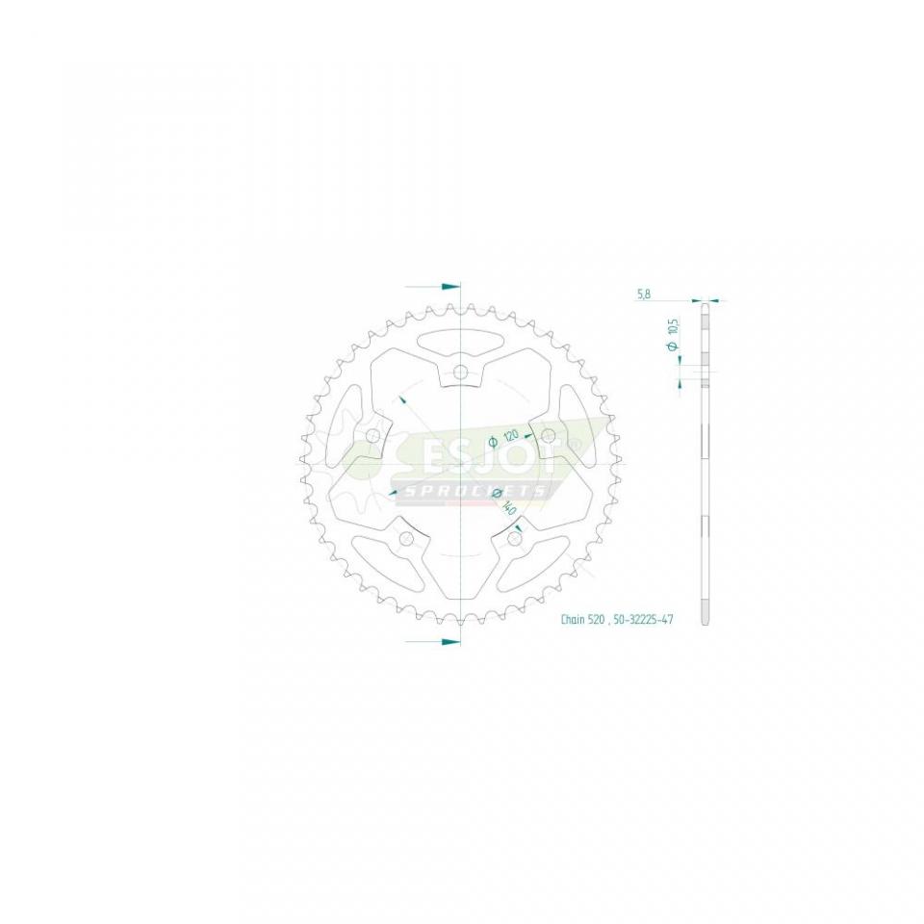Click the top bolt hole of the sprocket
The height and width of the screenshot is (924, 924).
coord(461,372)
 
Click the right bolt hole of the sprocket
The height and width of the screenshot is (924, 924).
coord(548,438)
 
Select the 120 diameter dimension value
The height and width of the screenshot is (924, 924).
coord(510,435)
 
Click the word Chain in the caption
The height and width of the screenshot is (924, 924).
coord(575,621)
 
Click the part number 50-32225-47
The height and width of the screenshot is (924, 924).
coord(642,621)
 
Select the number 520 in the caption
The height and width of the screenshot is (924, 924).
coord(597,621)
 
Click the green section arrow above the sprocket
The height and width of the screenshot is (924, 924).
coord(449,287)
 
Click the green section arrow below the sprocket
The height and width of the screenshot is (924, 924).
coord(449,640)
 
